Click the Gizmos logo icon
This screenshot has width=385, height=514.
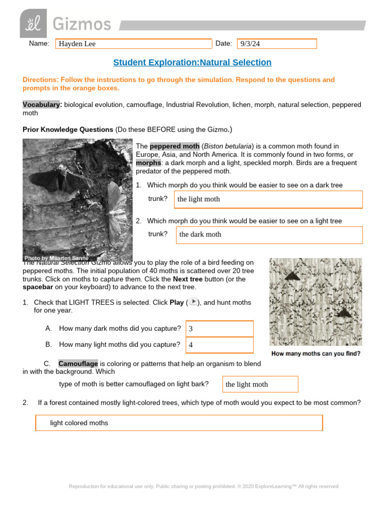tap(33, 23)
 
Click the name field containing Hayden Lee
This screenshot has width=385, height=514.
tap(133, 44)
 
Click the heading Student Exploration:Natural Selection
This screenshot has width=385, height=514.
tap(192, 62)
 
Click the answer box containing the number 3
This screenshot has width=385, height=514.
tap(219, 329)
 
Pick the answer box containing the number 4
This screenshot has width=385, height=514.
tap(219, 345)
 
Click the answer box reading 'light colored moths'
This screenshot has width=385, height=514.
tap(178, 423)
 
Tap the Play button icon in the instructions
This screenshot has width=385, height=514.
tap(193, 302)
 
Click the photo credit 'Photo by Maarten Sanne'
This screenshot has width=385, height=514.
tap(57, 259)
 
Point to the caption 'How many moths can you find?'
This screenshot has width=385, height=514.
tap(315, 353)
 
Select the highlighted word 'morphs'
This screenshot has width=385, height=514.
tap(147, 163)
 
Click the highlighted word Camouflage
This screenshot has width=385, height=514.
tap(78, 363)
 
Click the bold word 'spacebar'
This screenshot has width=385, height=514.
tap(38, 287)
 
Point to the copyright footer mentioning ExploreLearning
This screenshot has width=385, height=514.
tap(204, 486)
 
